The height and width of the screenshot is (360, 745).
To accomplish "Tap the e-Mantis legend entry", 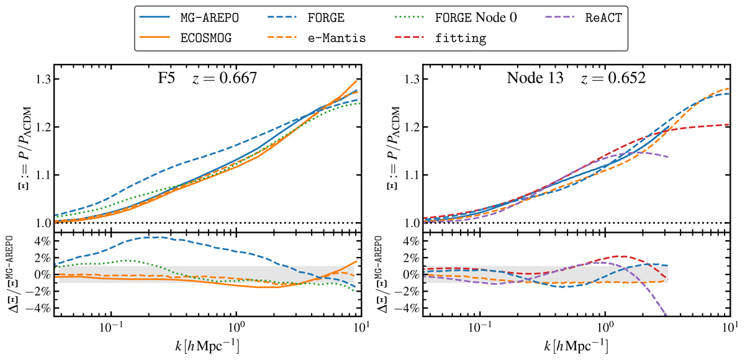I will click(x=335, y=38).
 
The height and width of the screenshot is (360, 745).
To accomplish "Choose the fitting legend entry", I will click(x=462, y=38).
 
